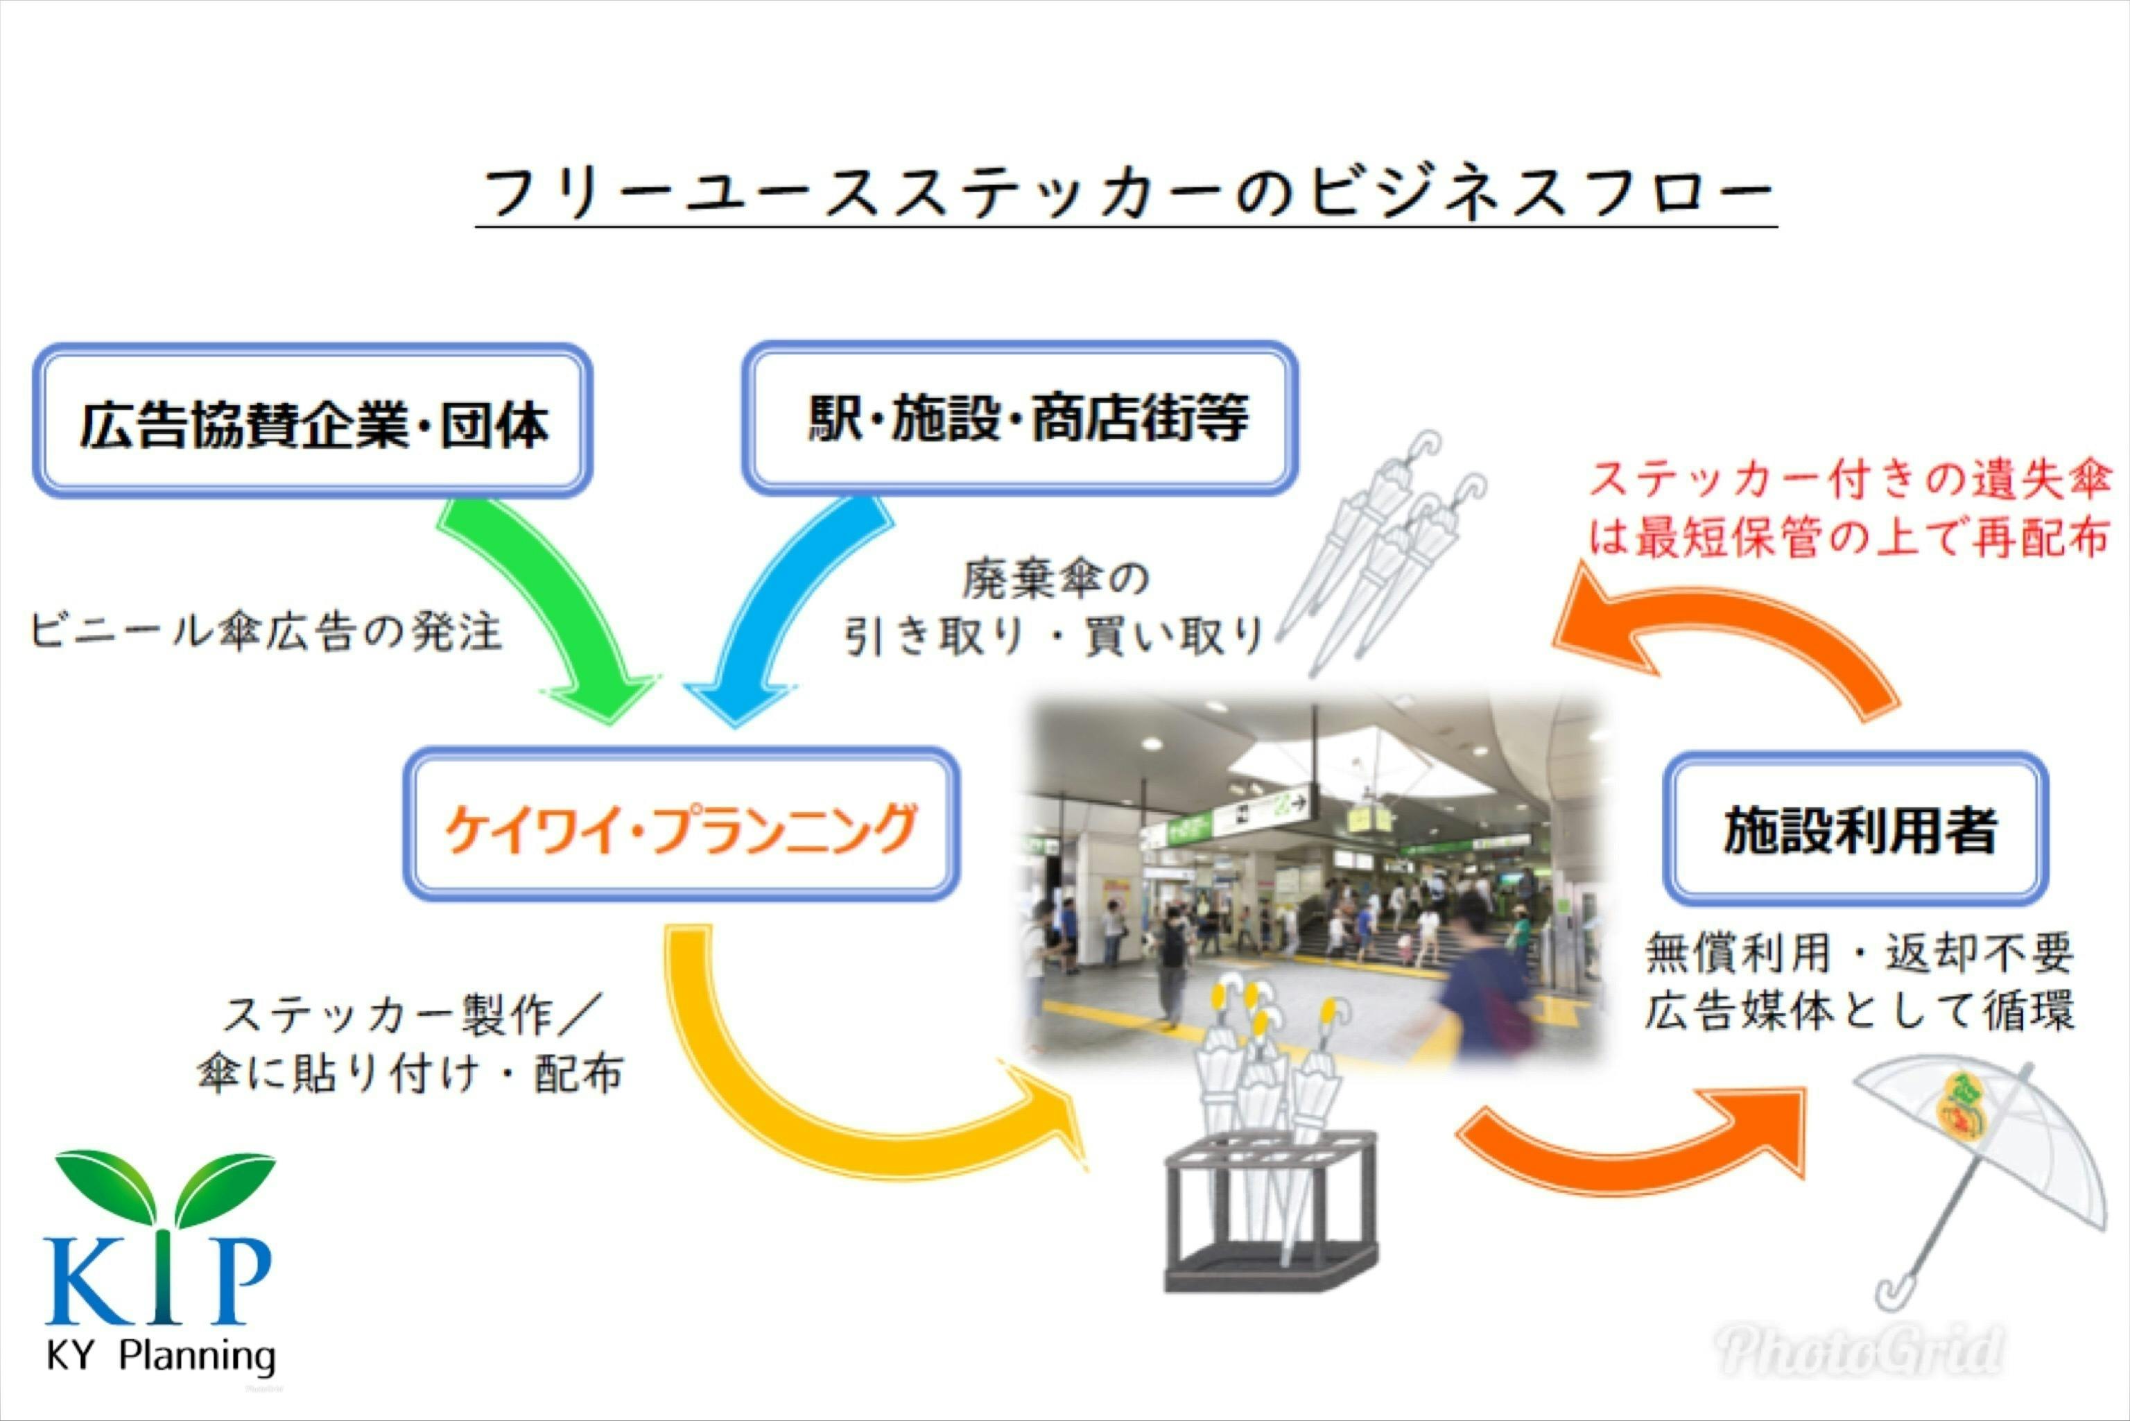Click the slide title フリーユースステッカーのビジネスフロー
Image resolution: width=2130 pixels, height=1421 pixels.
tap(1125, 192)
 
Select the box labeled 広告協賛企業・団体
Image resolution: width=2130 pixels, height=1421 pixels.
tap(313, 422)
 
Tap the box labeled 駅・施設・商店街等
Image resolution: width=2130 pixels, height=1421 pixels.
tap(1020, 419)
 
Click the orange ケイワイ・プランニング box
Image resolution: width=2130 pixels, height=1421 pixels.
tap(682, 825)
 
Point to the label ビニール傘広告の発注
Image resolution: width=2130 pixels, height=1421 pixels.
tap(266, 632)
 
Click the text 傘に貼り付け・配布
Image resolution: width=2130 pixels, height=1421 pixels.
tap(410, 1074)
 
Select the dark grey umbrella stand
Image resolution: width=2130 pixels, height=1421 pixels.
tap(1268, 1214)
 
